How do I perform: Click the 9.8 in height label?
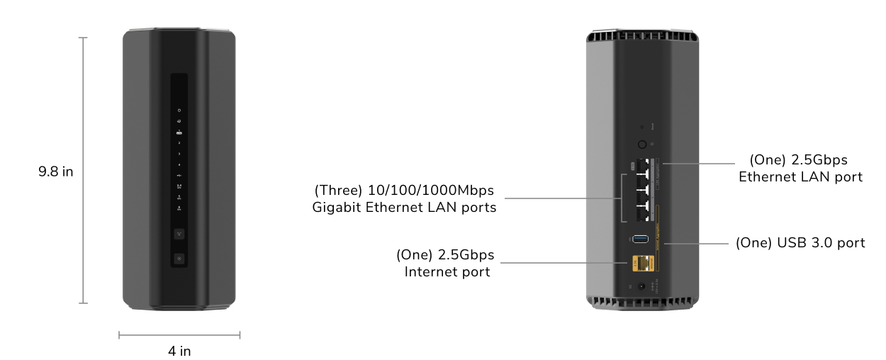click(56, 171)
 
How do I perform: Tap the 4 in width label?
click(179, 351)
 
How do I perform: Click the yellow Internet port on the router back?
click(643, 264)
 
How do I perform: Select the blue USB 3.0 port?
click(640, 239)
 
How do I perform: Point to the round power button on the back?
click(642, 145)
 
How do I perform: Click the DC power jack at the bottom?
click(641, 286)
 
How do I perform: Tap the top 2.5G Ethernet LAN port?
click(643, 165)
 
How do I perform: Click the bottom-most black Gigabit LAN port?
click(643, 213)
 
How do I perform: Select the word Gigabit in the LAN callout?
click(336, 208)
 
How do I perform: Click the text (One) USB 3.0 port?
click(800, 243)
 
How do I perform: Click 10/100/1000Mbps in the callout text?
click(431, 191)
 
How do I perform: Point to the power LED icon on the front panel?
click(179, 111)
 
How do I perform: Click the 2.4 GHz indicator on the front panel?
click(179, 186)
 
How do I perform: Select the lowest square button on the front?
click(179, 259)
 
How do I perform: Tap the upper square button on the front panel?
click(179, 234)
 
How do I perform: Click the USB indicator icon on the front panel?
click(179, 175)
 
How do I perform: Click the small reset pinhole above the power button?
click(642, 127)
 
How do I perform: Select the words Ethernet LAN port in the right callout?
click(800, 177)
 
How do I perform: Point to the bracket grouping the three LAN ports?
click(622, 198)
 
